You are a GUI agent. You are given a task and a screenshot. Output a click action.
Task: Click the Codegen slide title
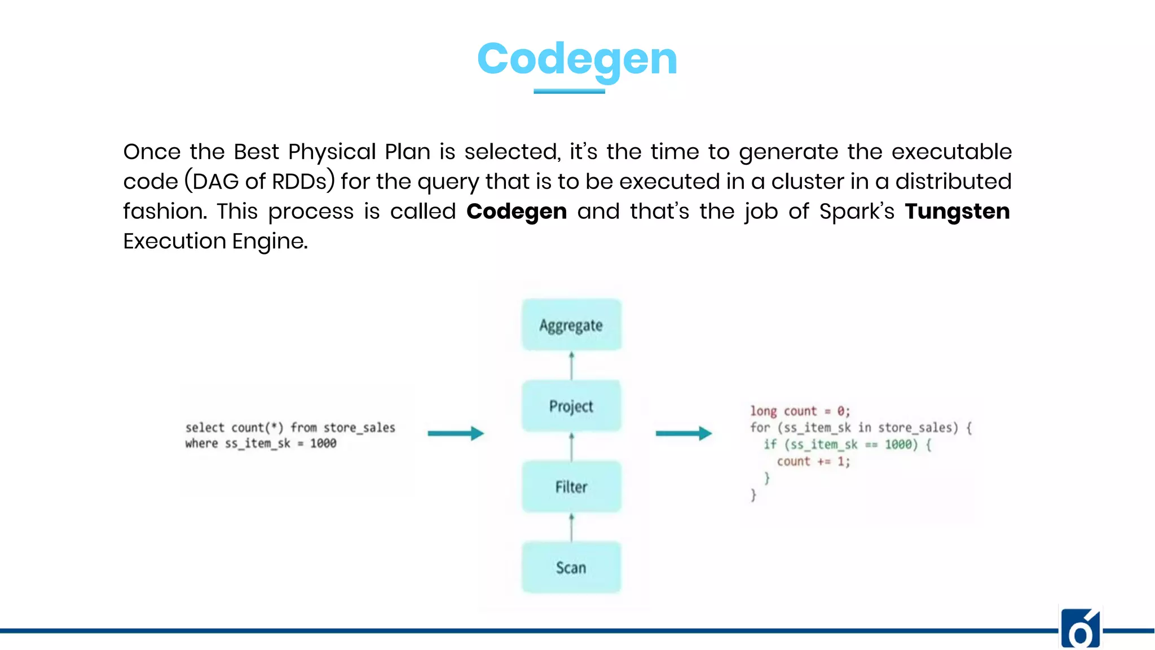click(x=577, y=59)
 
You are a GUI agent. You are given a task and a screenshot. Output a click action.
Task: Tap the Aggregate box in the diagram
click(x=571, y=325)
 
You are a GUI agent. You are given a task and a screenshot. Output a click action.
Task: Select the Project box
click(x=571, y=406)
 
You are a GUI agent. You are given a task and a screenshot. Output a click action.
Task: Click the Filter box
click(x=571, y=487)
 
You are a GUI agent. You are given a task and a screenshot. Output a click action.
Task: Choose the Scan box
click(x=571, y=568)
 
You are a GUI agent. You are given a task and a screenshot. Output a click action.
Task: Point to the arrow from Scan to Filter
click(x=571, y=528)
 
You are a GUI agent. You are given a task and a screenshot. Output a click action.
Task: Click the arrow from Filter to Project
click(x=571, y=446)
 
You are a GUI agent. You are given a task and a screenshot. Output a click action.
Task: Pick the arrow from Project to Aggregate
click(x=571, y=366)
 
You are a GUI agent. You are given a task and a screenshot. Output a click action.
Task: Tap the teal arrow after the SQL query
click(x=456, y=433)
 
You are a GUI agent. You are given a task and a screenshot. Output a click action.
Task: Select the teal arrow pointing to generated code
click(x=684, y=433)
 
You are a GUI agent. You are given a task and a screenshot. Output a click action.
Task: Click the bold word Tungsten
click(x=957, y=212)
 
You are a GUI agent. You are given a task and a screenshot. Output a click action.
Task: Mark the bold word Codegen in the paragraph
click(x=516, y=212)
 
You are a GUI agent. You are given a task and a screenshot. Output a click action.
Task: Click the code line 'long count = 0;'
click(x=800, y=411)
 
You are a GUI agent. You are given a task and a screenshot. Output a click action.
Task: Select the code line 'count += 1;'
click(x=813, y=462)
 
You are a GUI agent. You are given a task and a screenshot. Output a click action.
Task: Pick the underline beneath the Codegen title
click(x=569, y=91)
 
